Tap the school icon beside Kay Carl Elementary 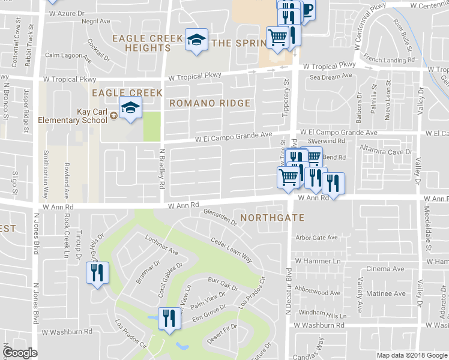pos(128,108)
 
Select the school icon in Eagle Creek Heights pos(196,40)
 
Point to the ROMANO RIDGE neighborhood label pos(209,103)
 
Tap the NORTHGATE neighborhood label pos(272,218)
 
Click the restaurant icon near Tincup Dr pos(96,274)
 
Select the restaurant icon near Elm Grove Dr pos(169,317)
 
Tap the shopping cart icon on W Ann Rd pos(288,178)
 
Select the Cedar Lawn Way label pos(231,249)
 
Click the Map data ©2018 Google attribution pos(411,355)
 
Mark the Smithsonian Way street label pos(45,174)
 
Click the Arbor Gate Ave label pos(316,238)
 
